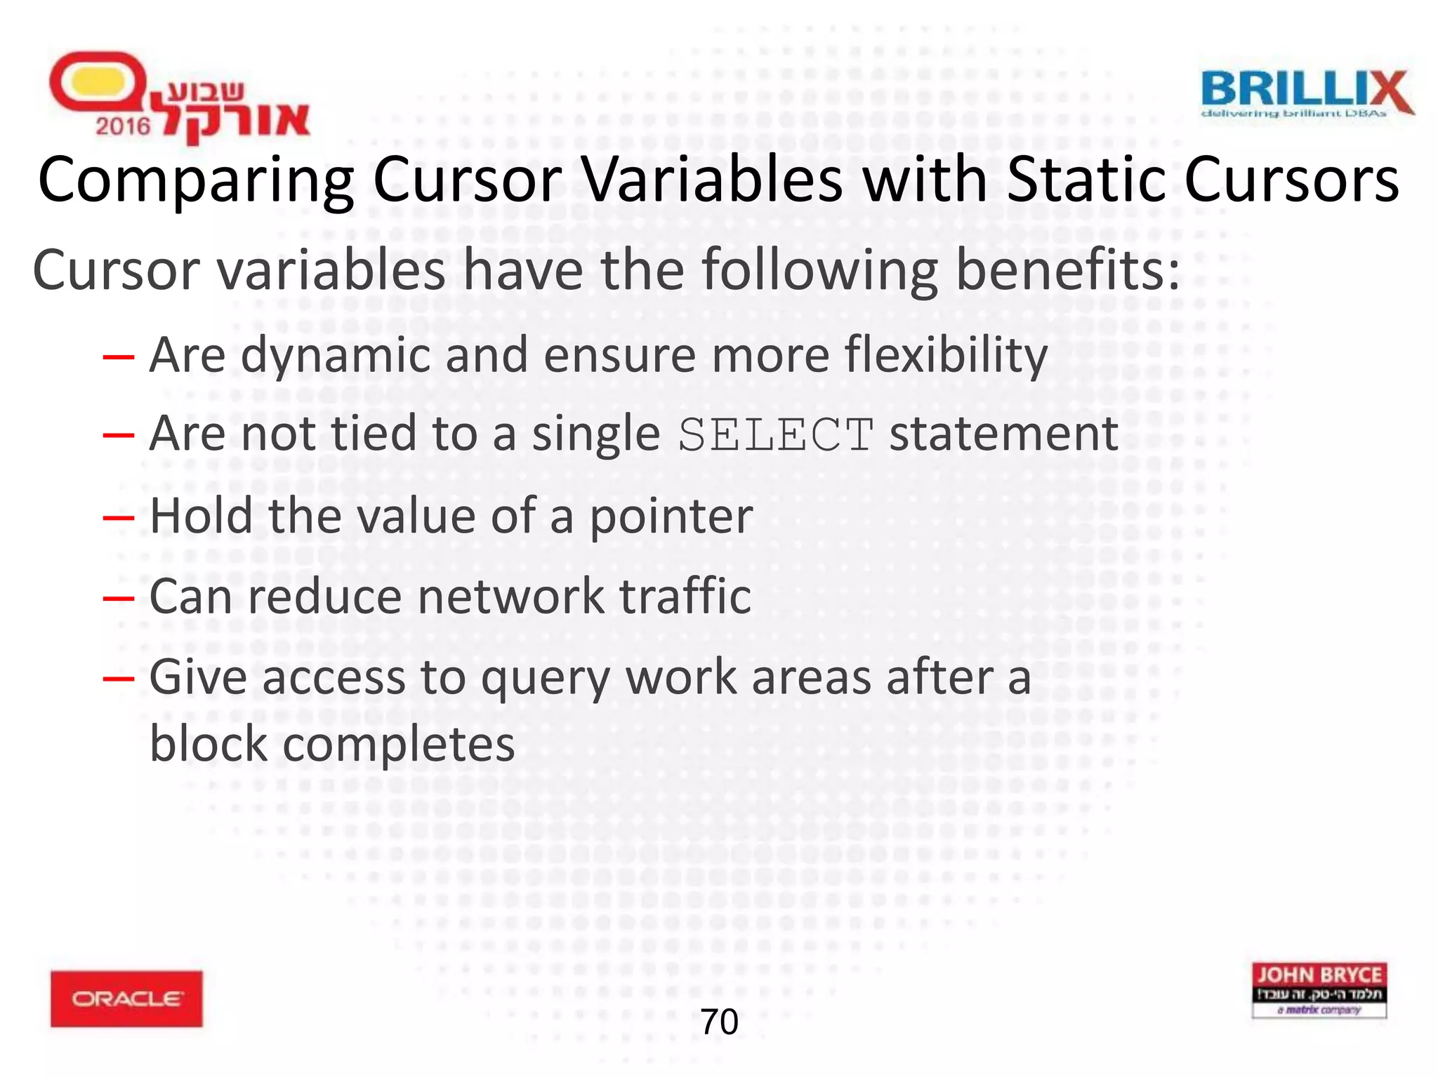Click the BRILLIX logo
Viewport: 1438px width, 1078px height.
coord(1307,93)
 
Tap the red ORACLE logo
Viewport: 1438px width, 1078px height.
coord(126,998)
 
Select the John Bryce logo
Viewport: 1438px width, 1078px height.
coord(1319,990)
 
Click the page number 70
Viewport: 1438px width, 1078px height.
coord(719,1022)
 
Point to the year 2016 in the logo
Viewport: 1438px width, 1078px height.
coord(123,126)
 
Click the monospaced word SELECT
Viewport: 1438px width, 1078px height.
coord(776,435)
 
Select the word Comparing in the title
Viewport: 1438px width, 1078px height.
coord(196,181)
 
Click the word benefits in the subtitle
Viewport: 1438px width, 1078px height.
coord(1067,270)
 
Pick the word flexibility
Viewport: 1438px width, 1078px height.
coord(946,356)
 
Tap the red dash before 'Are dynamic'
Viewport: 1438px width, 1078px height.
coord(118,357)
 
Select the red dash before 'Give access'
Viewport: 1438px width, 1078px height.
coord(118,679)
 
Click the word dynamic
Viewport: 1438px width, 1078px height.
coord(335,356)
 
